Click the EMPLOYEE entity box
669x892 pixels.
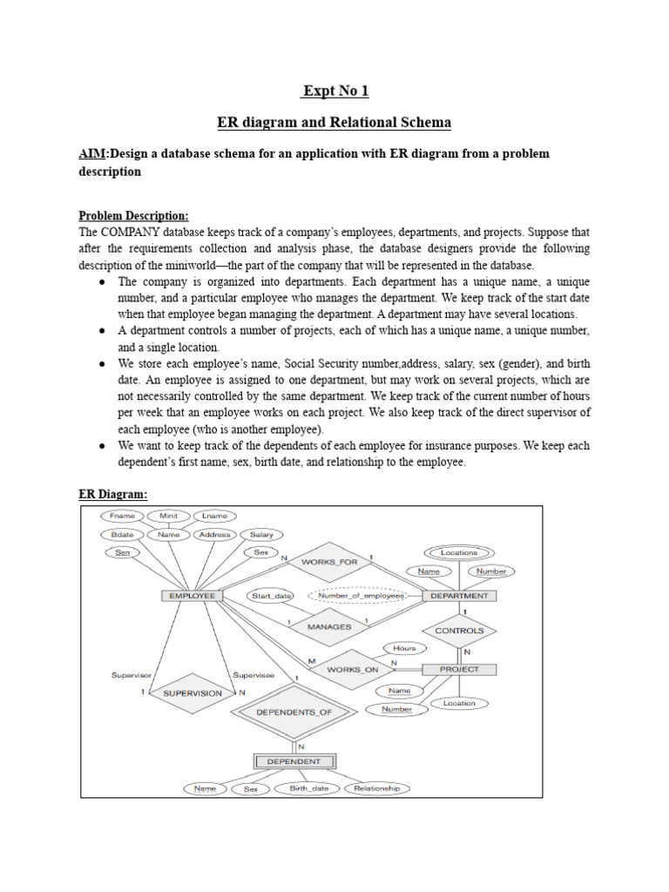coord(192,596)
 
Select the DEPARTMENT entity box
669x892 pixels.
coord(460,596)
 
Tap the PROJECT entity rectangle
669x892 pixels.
coord(459,669)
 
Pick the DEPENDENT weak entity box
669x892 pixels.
coord(294,760)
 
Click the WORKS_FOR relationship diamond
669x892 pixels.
coord(329,562)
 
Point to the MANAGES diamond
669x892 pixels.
coord(329,625)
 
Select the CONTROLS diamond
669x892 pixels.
coord(459,630)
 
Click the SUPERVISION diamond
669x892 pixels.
coord(193,693)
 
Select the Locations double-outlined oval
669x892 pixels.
coord(459,552)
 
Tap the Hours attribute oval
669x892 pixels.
coord(404,648)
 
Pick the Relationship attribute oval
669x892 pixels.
coord(377,788)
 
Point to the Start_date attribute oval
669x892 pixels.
coord(271,596)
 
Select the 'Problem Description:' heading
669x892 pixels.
coord(133,215)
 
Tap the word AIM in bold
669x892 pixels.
coord(91,153)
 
